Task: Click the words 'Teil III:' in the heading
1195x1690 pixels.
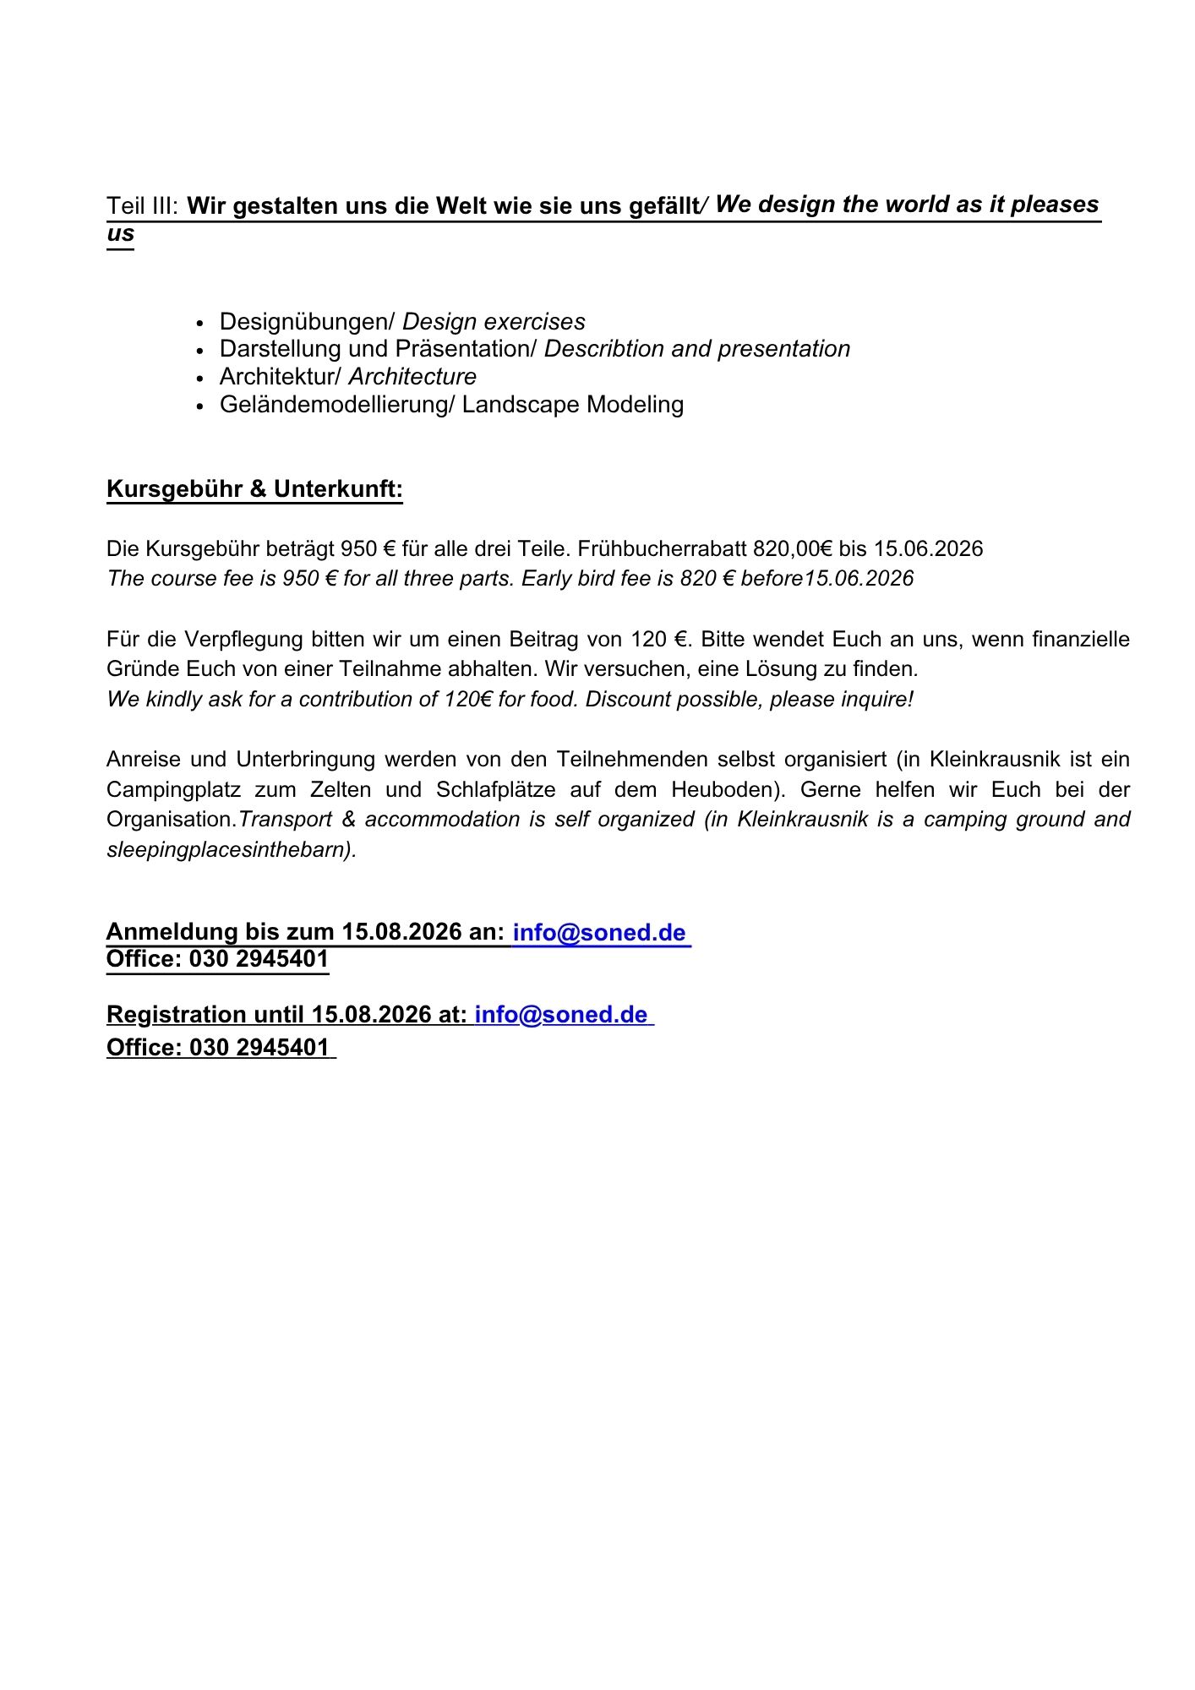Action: [142, 206]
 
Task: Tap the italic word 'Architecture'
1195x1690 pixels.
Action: [412, 377]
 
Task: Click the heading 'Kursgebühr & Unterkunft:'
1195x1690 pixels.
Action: [254, 489]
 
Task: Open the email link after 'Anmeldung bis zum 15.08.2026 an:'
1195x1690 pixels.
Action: [599, 933]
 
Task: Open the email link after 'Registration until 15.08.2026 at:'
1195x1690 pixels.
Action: [561, 1015]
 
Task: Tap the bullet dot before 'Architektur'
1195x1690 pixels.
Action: [200, 379]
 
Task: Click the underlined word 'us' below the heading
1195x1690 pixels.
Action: [120, 234]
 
